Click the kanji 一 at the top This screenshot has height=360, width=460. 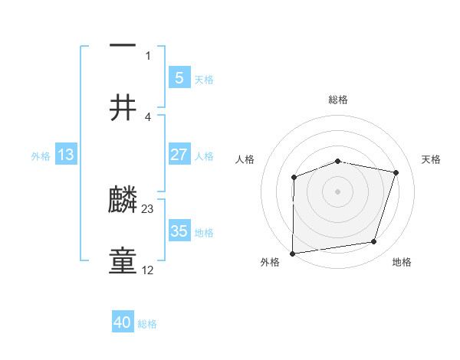coord(123,47)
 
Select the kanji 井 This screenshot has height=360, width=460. coord(123,109)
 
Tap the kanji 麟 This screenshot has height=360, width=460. coord(123,201)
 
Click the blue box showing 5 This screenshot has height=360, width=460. coord(179,77)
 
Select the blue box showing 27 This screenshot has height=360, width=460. coord(179,155)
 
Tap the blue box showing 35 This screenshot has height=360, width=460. coord(179,231)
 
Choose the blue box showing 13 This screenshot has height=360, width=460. coord(66,155)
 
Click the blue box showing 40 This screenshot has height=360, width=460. coord(123,323)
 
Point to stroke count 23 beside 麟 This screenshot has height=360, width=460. coord(148,208)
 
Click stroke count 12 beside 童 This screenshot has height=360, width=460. coord(148,270)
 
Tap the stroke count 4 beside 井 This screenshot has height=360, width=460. coord(148,116)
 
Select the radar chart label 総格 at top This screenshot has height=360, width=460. coord(338,100)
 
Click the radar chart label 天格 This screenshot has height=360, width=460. coord(431,159)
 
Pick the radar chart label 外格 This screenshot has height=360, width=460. coord(270,262)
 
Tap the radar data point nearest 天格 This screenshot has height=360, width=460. coord(396,172)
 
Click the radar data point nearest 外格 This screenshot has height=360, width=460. coord(293,253)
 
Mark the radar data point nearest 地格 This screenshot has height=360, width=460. coord(373,242)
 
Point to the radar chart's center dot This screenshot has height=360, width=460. coord(338,191)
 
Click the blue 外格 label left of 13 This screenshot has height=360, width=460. coord(41,155)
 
